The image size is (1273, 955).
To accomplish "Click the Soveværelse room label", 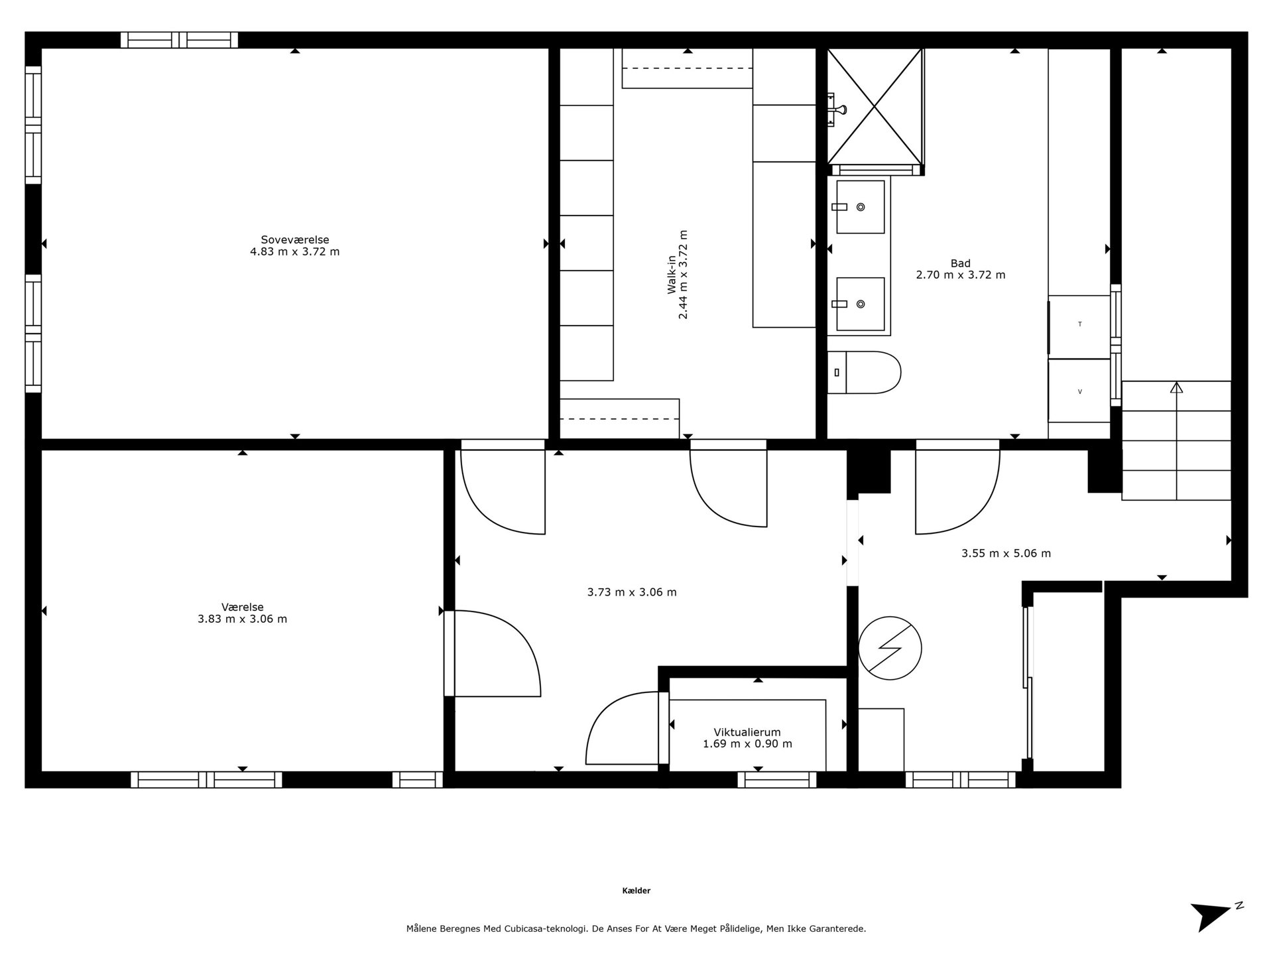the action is pyautogui.click(x=295, y=240).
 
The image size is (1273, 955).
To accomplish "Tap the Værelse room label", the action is pyautogui.click(x=243, y=607).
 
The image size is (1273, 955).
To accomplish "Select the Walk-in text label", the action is pyautogui.click(x=672, y=275).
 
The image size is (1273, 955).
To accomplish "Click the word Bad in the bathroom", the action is pyautogui.click(x=960, y=263).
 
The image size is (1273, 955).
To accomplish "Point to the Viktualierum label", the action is pyautogui.click(x=747, y=732).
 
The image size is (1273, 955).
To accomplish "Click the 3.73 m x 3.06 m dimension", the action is pyautogui.click(x=632, y=592).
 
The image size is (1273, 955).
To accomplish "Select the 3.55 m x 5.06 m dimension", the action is pyautogui.click(x=1006, y=553).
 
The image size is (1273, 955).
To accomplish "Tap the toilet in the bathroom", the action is pyautogui.click(x=864, y=373).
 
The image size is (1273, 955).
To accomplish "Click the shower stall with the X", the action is pyautogui.click(x=875, y=106).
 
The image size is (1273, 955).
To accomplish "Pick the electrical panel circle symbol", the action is pyautogui.click(x=890, y=648).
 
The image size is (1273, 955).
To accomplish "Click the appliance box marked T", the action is pyautogui.click(x=1079, y=324).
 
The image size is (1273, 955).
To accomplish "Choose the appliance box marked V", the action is pyautogui.click(x=1079, y=391).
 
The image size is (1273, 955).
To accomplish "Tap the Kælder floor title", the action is pyautogui.click(x=636, y=891).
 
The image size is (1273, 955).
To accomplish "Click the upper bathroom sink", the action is pyautogui.click(x=860, y=207).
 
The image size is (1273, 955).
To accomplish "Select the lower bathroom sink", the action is pyautogui.click(x=860, y=304).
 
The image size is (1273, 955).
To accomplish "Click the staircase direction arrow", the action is pyautogui.click(x=1176, y=440).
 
